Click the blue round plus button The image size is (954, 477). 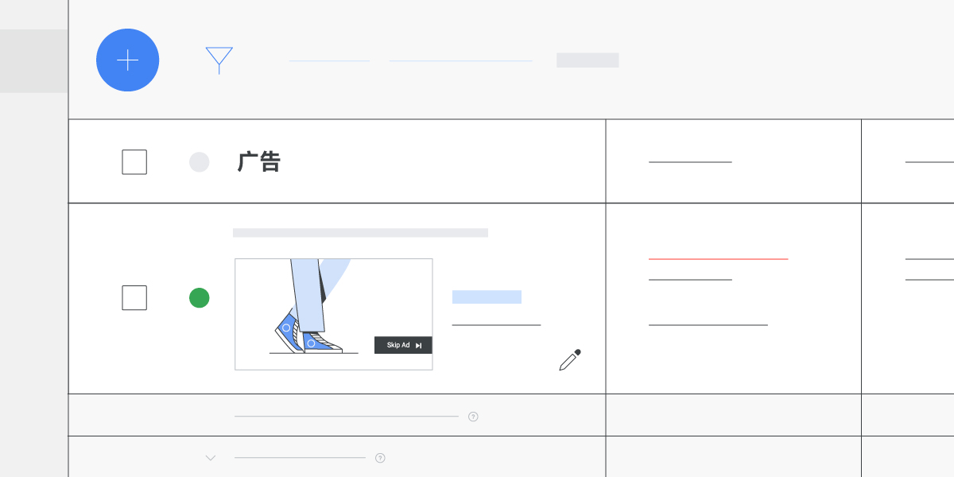(x=127, y=60)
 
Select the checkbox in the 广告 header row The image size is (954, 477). (x=134, y=162)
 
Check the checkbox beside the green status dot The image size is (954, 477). (x=134, y=298)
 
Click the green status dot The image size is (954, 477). (x=199, y=298)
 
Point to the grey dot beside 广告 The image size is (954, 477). (x=199, y=162)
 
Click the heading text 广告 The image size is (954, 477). (x=259, y=162)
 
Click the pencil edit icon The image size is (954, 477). (x=569, y=360)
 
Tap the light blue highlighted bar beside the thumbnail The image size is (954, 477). (x=487, y=297)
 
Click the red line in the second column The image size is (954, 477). (x=718, y=259)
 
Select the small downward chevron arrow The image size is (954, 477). (x=211, y=458)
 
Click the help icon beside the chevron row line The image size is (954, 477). (x=380, y=458)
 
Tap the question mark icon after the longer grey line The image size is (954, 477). (x=473, y=417)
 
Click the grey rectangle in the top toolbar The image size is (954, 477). (x=588, y=60)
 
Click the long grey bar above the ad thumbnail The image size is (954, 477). (x=360, y=233)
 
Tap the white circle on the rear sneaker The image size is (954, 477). (x=286, y=327)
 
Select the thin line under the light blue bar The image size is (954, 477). (x=496, y=325)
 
